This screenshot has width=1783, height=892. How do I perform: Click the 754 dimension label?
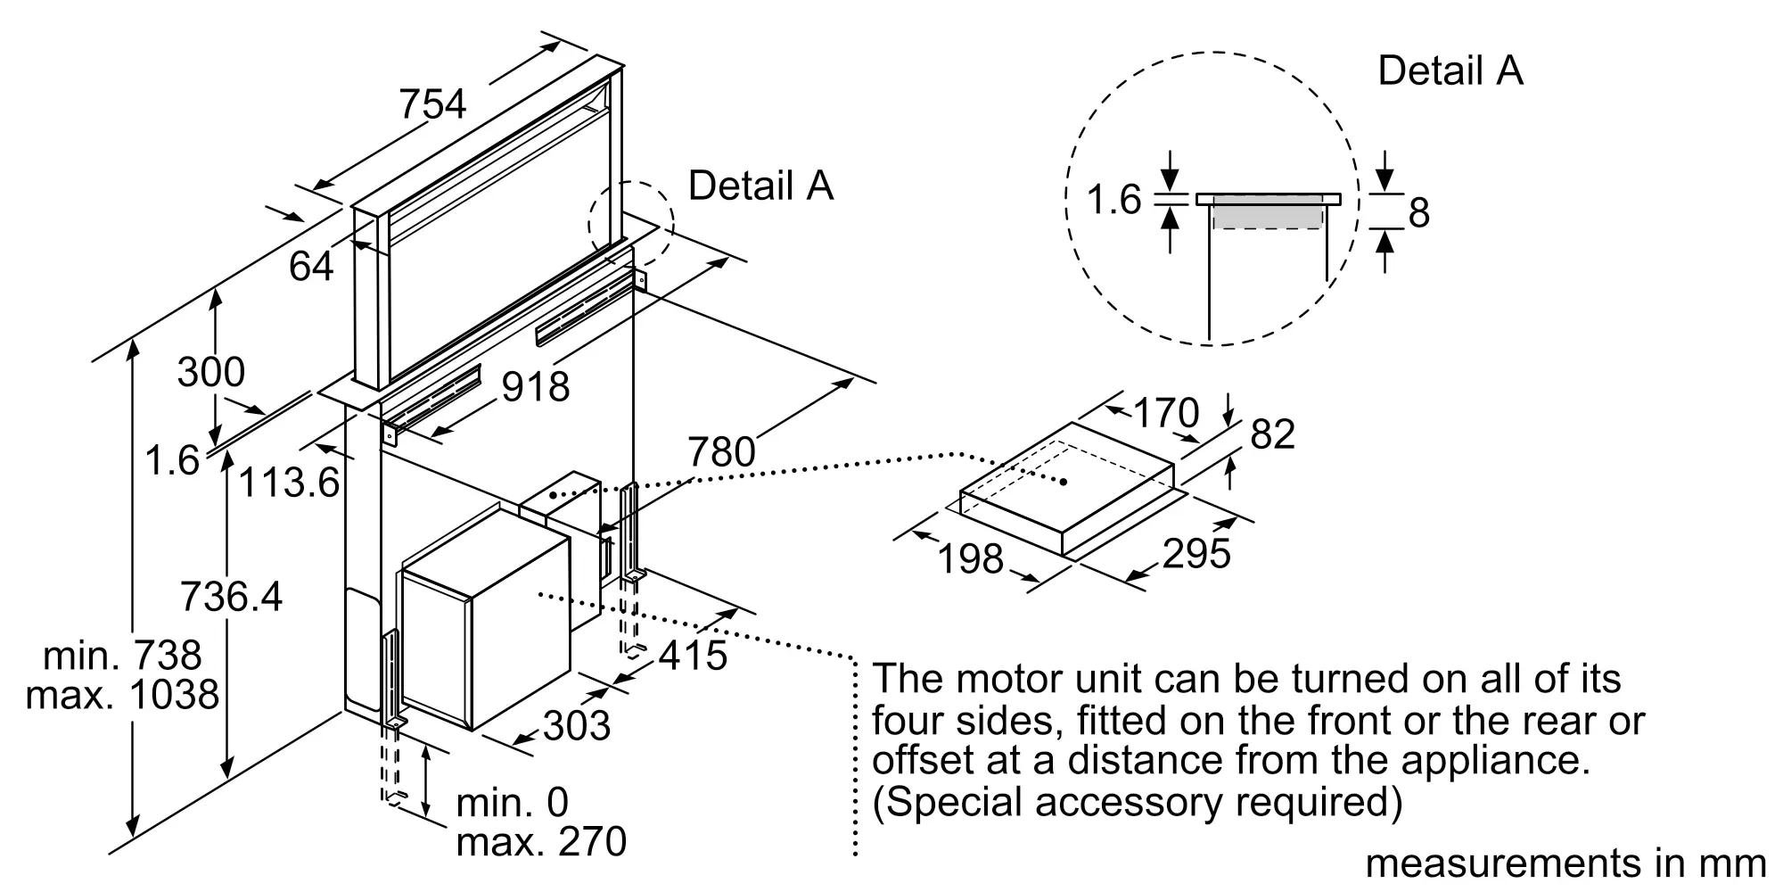point(432,103)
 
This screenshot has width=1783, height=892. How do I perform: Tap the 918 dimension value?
point(536,386)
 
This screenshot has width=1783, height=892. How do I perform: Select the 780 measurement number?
point(721,451)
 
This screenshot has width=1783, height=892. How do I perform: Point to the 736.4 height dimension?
point(232,596)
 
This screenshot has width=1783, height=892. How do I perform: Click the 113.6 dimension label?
point(290,483)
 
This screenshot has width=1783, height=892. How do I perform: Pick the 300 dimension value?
point(210,371)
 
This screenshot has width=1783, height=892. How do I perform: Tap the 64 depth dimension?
point(311,266)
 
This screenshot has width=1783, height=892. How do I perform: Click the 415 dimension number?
point(694,656)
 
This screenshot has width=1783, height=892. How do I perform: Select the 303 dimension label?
point(577,725)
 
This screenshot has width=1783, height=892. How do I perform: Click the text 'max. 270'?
point(541,842)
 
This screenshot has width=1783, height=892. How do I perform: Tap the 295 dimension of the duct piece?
point(1196,553)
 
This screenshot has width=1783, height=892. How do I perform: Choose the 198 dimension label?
point(971,559)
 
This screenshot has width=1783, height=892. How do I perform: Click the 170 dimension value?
point(1165,413)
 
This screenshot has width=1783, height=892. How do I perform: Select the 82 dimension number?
point(1272,434)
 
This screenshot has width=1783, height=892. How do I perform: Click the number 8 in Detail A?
point(1419,212)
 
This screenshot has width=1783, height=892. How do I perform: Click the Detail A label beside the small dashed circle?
point(760,186)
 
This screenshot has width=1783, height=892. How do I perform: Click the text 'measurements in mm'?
point(1565,863)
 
